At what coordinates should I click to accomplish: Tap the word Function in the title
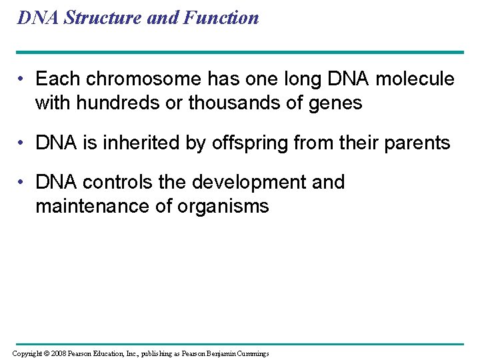[223, 18]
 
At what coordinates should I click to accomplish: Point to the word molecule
[415, 79]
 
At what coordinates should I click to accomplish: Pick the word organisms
[223, 207]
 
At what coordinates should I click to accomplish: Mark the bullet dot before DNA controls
[23, 183]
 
